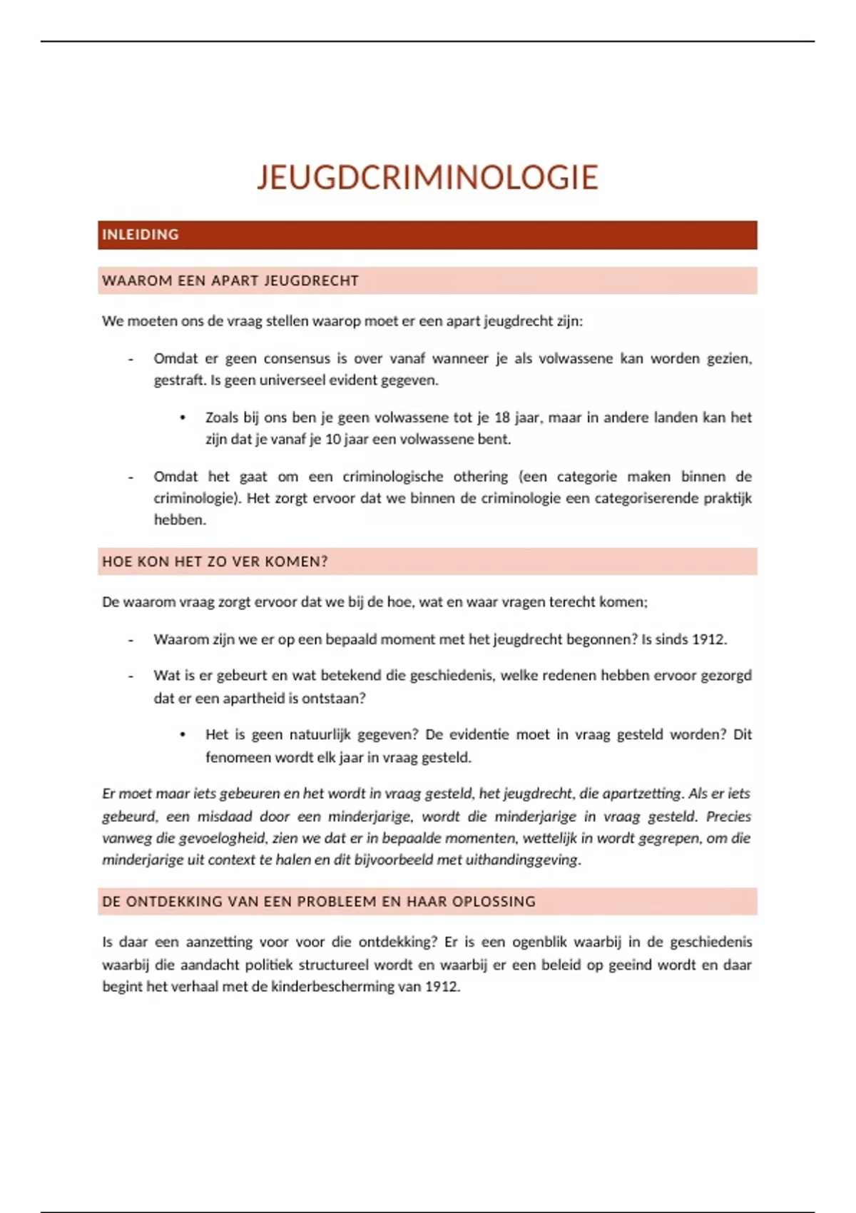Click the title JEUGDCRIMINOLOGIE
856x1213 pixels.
click(x=427, y=178)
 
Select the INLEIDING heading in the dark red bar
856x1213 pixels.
click(x=141, y=235)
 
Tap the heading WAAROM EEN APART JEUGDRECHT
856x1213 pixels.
click(x=230, y=281)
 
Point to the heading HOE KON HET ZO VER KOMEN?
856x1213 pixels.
click(x=215, y=562)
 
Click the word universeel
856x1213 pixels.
click(x=292, y=380)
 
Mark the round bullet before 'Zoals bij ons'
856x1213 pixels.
click(x=183, y=417)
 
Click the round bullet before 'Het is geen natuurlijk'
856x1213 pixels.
click(x=183, y=734)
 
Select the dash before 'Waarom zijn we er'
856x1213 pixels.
click(x=131, y=639)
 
